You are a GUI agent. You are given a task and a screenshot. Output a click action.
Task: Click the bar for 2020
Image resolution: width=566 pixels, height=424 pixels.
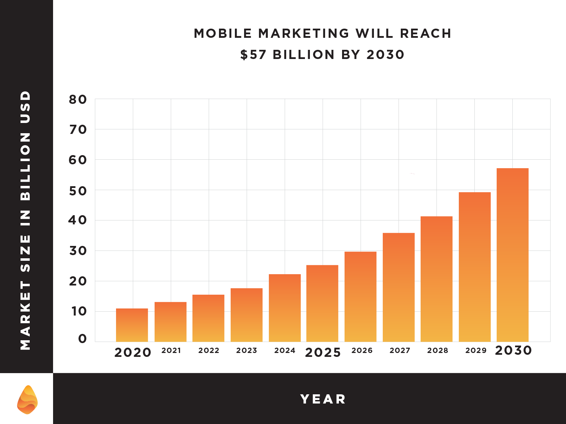click(132, 325)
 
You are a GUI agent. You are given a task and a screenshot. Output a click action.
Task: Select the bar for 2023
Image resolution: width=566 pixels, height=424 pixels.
click(247, 315)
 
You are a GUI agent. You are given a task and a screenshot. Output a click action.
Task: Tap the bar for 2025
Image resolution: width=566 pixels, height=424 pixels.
click(322, 303)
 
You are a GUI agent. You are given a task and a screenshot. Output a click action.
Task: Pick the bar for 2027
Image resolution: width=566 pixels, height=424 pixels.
click(399, 287)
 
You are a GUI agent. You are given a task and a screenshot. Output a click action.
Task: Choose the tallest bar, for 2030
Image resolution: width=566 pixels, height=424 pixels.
click(513, 255)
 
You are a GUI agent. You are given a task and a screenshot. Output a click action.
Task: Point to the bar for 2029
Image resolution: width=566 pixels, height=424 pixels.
click(475, 267)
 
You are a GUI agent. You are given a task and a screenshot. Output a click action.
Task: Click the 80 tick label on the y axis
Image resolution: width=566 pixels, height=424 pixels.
click(78, 100)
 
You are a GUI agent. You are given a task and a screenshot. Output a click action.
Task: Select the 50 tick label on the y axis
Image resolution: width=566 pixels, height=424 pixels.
click(78, 191)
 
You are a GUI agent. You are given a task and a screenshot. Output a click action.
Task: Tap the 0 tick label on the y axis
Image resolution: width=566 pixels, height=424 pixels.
click(82, 339)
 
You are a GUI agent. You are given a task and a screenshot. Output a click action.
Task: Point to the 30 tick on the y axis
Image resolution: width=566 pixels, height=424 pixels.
click(78, 251)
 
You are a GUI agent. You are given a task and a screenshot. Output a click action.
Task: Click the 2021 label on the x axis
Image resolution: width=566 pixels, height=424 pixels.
click(171, 351)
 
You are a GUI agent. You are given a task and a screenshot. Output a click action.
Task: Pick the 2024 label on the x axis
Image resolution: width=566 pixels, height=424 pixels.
click(285, 351)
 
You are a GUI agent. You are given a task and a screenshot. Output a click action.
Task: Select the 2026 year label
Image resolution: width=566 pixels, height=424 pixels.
click(362, 351)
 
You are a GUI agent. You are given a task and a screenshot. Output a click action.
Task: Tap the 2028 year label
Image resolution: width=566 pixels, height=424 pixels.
click(438, 351)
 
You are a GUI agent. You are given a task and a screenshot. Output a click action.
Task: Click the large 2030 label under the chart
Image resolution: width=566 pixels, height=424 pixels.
click(513, 351)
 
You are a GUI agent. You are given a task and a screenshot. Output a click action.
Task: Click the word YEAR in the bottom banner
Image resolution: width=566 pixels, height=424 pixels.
click(323, 399)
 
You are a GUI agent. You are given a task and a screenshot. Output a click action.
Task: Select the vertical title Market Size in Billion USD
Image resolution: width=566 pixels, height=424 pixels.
click(25, 220)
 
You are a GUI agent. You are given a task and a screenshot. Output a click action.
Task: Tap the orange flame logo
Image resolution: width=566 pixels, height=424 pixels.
click(27, 400)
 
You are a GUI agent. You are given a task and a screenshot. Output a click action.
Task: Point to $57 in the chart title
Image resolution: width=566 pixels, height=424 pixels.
click(253, 55)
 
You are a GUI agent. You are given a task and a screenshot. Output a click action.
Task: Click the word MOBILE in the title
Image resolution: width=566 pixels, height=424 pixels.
click(223, 34)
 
